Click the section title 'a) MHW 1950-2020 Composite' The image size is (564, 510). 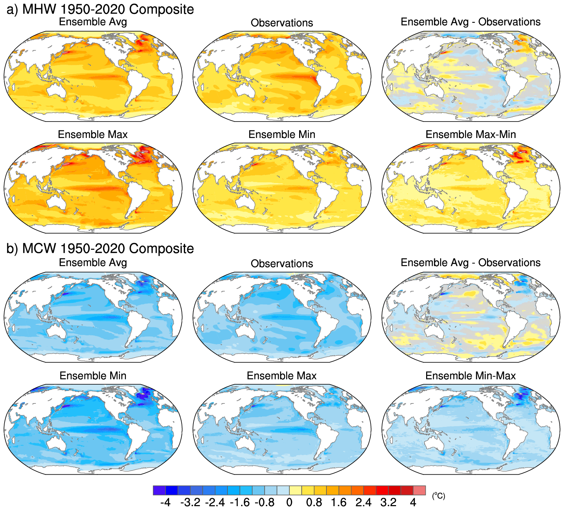click(100, 9)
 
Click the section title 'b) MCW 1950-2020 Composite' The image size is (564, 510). click(100, 248)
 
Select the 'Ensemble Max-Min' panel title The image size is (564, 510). click(471, 134)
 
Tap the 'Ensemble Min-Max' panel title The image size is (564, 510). click(471, 376)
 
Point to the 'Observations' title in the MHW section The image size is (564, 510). click(282, 23)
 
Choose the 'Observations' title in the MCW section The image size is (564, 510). click(282, 263)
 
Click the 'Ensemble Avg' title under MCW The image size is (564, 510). click(93, 262)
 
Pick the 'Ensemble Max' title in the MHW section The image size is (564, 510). click(93, 134)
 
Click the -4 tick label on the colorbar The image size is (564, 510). click(165, 502)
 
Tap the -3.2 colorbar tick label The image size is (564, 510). click(190, 502)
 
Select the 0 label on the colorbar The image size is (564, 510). click(289, 502)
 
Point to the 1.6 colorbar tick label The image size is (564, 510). click(339, 502)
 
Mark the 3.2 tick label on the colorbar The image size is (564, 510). click(388, 502)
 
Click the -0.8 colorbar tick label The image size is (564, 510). click(265, 502)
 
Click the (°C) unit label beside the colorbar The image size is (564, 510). click(439, 496)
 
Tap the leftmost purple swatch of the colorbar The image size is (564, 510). click(159, 490)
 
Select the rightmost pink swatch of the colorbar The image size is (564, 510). click(420, 490)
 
